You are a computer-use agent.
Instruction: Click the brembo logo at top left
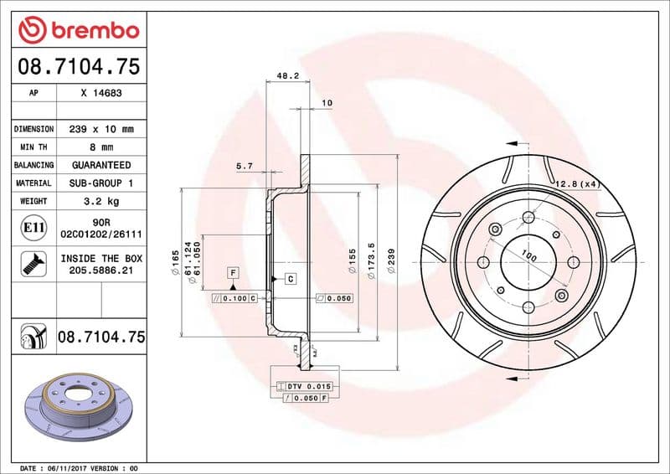pyautogui.click(x=78, y=31)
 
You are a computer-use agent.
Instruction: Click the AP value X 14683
pyautogui.click(x=101, y=94)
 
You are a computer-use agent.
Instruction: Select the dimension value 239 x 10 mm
pyautogui.click(x=101, y=130)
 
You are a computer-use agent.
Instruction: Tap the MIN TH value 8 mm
pyautogui.click(x=101, y=147)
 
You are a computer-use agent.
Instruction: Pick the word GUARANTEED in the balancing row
pyautogui.click(x=101, y=165)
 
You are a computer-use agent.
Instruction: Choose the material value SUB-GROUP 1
pyautogui.click(x=101, y=183)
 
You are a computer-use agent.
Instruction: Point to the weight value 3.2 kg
pyautogui.click(x=101, y=201)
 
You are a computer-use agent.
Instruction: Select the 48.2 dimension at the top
pyautogui.click(x=287, y=75)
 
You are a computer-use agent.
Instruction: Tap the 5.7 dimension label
pyautogui.click(x=245, y=167)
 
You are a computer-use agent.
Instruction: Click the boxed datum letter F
pyautogui.click(x=232, y=272)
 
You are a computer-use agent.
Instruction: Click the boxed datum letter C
pyautogui.click(x=290, y=278)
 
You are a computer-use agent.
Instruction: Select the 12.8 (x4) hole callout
pyautogui.click(x=576, y=183)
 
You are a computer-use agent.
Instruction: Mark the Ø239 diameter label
pyautogui.click(x=390, y=260)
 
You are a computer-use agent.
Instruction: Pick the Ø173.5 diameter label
pyautogui.click(x=370, y=260)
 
